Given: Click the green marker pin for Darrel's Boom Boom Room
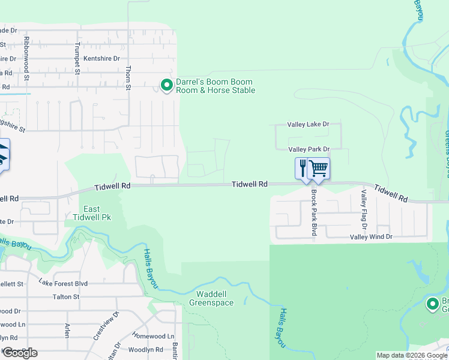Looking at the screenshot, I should (166, 86).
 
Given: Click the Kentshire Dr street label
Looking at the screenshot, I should (102, 58).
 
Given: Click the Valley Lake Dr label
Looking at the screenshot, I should (309, 124).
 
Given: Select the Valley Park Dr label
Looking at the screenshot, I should (309, 149).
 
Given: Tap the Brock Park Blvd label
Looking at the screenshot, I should (313, 213).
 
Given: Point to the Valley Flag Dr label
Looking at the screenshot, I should (363, 208).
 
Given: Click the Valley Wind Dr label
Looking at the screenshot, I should (371, 237).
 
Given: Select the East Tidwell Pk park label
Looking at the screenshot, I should (97, 212).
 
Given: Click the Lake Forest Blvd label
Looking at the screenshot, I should (63, 283).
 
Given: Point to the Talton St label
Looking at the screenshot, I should (66, 296).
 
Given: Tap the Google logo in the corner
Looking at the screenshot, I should (19, 353).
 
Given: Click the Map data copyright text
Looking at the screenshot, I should (411, 355).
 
